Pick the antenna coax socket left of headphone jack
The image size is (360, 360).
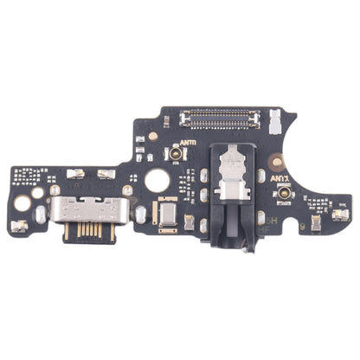click(175, 154)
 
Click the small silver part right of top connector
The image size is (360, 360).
click(275, 116)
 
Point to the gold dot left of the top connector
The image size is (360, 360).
click(152, 136)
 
